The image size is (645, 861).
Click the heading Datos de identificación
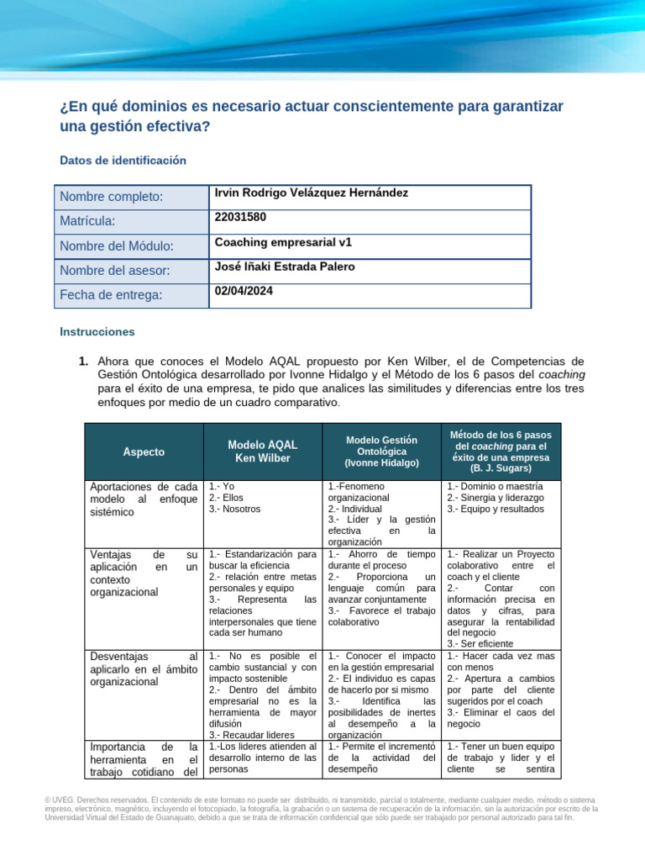coord(123,160)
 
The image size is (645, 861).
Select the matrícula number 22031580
coord(240,217)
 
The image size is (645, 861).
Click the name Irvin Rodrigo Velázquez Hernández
coord(312,193)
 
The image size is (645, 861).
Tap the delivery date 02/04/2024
coord(244,290)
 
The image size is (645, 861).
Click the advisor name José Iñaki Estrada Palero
coord(285,267)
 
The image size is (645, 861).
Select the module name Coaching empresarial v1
coord(283,241)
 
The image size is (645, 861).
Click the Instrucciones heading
coord(97,332)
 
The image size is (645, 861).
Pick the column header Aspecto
coord(144,452)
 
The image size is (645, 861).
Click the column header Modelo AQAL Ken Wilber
coord(262,452)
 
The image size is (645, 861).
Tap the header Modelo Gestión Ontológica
coord(381,451)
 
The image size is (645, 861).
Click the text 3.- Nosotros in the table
coord(235,509)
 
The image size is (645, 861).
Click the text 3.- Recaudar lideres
coord(246,734)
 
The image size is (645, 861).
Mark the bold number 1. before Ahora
coord(83,362)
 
